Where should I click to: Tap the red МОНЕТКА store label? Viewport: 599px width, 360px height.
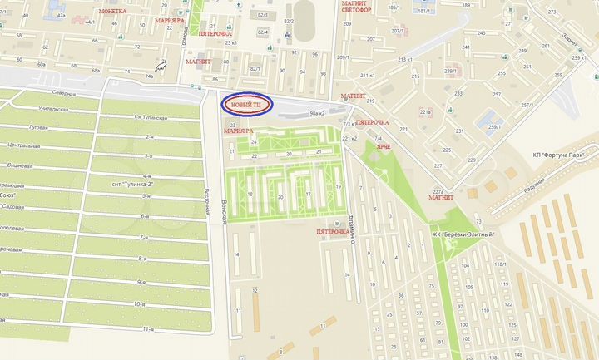click(x=112, y=12)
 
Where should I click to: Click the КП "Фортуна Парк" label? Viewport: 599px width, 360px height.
click(x=560, y=155)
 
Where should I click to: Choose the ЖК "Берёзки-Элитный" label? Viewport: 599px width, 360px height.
click(x=463, y=234)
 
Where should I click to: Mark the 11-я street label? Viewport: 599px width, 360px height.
click(x=147, y=329)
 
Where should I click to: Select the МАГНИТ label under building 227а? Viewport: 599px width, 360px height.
click(x=440, y=198)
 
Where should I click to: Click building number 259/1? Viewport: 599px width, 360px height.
click(x=495, y=126)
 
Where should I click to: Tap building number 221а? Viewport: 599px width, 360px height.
click(x=425, y=111)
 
